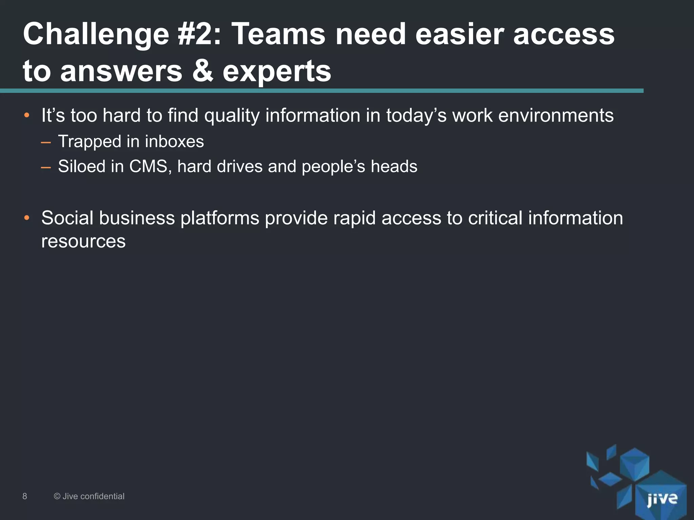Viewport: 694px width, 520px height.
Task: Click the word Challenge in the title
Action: coord(96,35)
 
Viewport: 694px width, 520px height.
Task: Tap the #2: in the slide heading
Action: coord(199,35)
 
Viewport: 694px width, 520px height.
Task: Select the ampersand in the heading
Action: coord(202,71)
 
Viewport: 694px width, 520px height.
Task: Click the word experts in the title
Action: coord(277,72)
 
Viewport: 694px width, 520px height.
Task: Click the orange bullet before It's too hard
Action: coord(27,116)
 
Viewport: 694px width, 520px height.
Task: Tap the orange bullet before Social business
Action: coord(27,218)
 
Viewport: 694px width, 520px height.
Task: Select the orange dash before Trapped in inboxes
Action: coord(46,142)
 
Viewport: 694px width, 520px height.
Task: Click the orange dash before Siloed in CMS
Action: coord(46,167)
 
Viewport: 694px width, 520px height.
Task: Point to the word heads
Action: coord(394,167)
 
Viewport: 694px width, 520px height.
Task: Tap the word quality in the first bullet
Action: coord(232,116)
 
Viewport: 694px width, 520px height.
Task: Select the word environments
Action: coord(556,116)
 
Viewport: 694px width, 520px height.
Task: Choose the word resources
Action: coord(83,242)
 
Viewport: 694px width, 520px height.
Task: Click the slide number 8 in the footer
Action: coord(25,496)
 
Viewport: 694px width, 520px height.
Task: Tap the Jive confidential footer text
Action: coord(89,496)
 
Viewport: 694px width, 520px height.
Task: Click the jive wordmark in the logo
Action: coord(662,499)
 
